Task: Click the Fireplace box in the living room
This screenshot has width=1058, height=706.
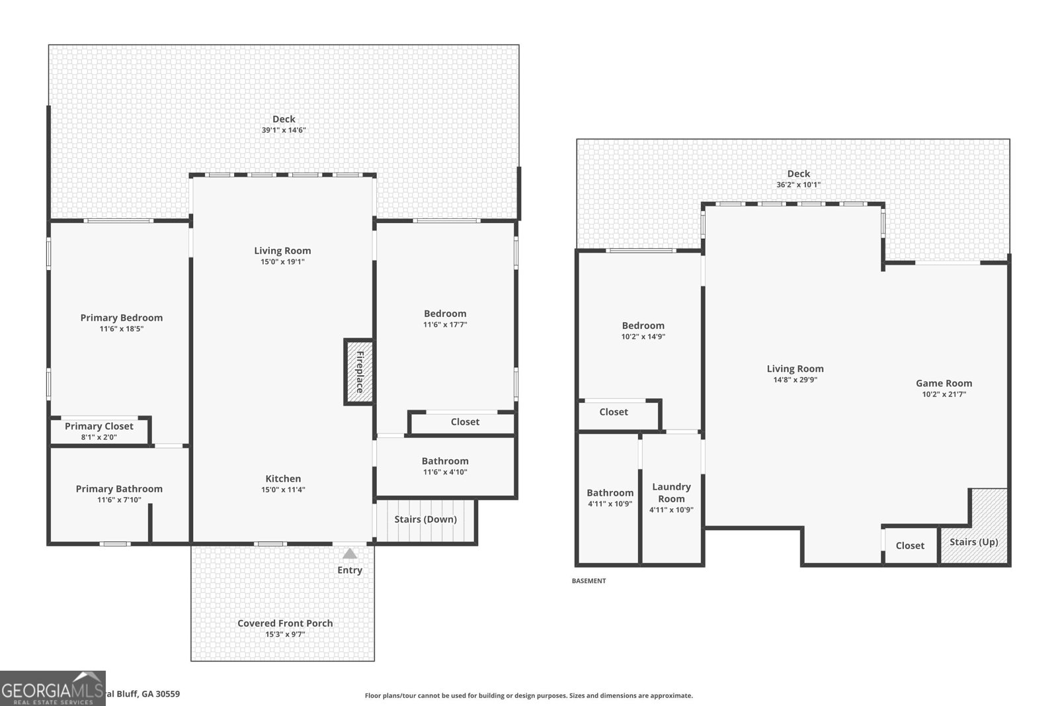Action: click(x=359, y=372)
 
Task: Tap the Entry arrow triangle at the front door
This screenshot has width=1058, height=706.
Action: click(x=350, y=554)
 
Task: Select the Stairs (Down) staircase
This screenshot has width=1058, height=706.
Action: click(x=425, y=520)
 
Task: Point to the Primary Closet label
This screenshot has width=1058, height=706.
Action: click(x=99, y=426)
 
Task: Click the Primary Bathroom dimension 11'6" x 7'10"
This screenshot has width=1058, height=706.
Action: click(x=119, y=500)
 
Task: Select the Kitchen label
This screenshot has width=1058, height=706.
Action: click(x=283, y=478)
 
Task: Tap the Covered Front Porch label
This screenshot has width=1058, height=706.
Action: click(x=285, y=623)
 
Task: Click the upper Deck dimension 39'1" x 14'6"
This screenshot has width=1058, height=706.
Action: click(x=284, y=130)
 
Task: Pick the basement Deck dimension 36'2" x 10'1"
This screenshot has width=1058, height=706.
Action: click(x=798, y=185)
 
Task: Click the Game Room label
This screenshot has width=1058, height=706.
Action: click(x=944, y=383)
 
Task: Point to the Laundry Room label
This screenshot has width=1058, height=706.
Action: click(x=671, y=492)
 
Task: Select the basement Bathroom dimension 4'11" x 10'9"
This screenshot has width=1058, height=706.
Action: click(x=610, y=504)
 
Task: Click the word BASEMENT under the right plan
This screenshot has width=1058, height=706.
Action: click(x=589, y=581)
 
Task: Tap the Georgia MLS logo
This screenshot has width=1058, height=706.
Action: click(x=53, y=689)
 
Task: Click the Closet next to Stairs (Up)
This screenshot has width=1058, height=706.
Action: click(x=910, y=545)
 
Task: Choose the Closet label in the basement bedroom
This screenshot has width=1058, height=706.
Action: click(x=614, y=412)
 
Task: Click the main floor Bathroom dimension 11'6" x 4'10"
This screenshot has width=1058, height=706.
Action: click(x=445, y=472)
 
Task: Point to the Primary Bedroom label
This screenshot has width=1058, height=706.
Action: click(x=122, y=318)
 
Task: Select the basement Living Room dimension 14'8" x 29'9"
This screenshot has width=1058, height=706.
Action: click(x=795, y=380)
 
